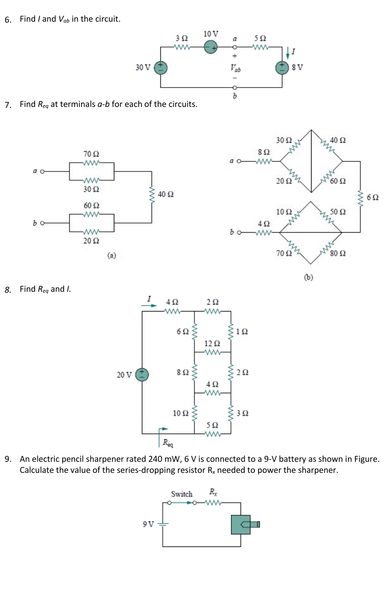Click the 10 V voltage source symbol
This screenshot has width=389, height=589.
point(211,47)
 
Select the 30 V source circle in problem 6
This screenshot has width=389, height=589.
point(161,67)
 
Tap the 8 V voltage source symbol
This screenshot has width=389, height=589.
point(282,67)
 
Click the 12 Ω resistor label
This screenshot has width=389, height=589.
point(212,343)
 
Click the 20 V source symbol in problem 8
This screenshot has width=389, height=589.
point(142,374)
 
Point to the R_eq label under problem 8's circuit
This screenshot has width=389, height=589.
point(166,443)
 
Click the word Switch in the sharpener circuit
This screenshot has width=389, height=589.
point(182,494)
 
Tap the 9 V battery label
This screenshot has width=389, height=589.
point(148,524)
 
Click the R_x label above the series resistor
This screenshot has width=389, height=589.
point(212,491)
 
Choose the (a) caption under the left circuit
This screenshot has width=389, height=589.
point(112,254)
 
